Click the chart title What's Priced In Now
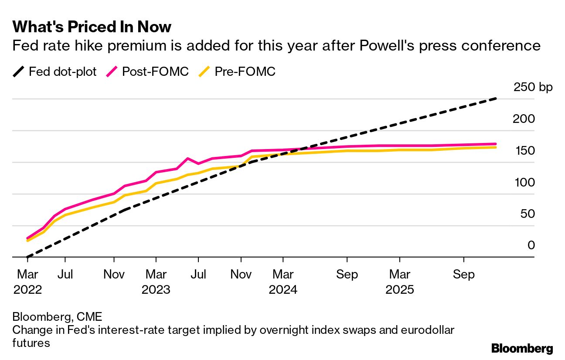click(x=92, y=27)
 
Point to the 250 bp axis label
click(x=533, y=87)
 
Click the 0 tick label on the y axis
click(x=531, y=246)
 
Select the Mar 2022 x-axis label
click(x=27, y=282)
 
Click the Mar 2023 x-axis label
click(x=156, y=282)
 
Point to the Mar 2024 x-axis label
click(x=283, y=282)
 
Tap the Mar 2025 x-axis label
click(x=400, y=282)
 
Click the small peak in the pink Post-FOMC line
click(x=187, y=159)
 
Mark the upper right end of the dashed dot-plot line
click(x=496, y=99)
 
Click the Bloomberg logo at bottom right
click(x=522, y=349)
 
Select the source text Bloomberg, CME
click(x=57, y=317)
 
